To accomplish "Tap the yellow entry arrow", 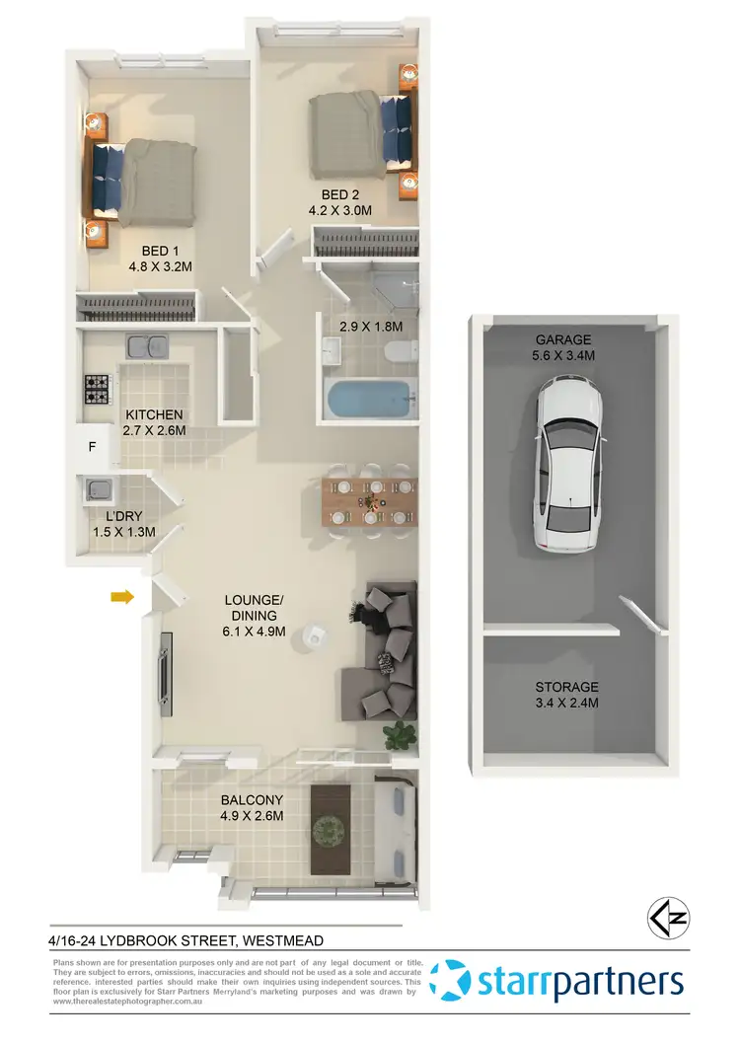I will [x=122, y=596].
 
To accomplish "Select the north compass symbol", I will [x=667, y=918].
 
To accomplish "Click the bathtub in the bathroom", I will [x=368, y=401].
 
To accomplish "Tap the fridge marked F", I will [x=93, y=447].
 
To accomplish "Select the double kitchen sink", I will [x=145, y=346].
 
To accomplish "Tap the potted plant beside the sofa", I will [x=401, y=734].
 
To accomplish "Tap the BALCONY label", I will [x=252, y=800].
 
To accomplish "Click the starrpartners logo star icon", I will [x=457, y=982].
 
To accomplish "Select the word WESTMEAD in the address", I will [x=278, y=940].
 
